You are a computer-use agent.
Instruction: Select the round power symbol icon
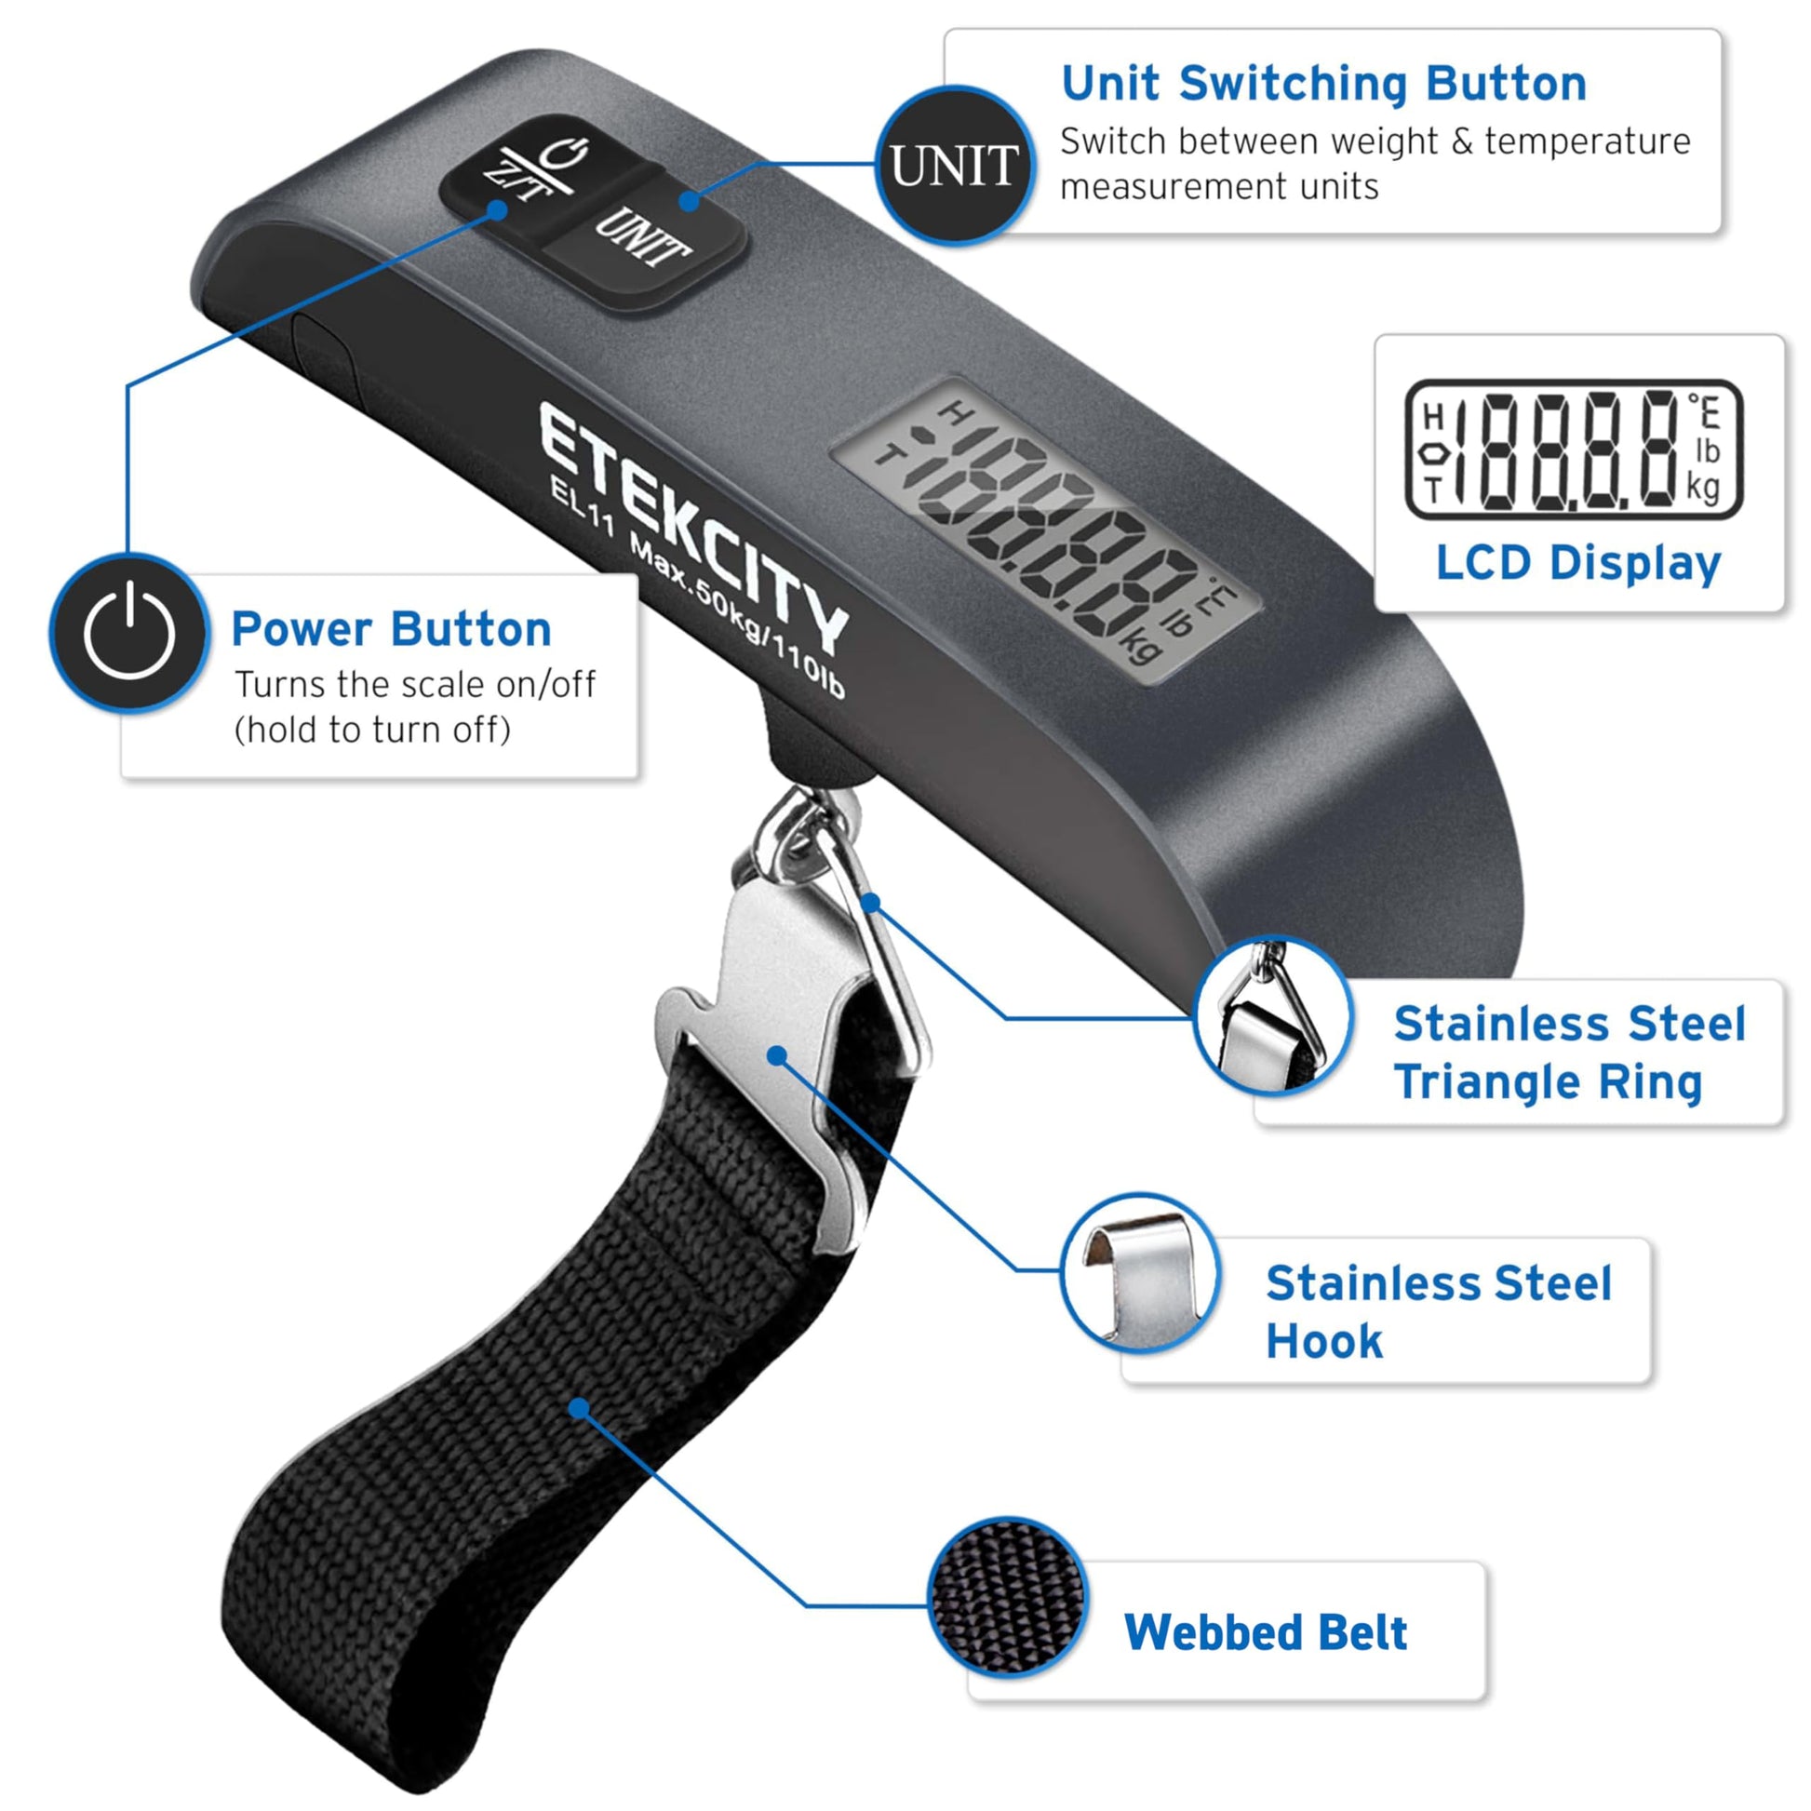[129, 633]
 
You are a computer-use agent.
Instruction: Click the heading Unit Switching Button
[1324, 85]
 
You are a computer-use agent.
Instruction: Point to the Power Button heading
[391, 629]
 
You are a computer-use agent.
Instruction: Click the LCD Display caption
[1578, 564]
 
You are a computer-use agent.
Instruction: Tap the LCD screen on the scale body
[1045, 530]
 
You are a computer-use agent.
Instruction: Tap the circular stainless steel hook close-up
[1140, 1272]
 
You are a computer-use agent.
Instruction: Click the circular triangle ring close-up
[1274, 1016]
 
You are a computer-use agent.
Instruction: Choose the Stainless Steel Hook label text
[1439, 1312]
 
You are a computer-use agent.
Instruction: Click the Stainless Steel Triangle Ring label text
[1570, 1053]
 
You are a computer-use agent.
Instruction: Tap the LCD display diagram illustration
[1575, 449]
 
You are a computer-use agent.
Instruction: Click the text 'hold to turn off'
[373, 731]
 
